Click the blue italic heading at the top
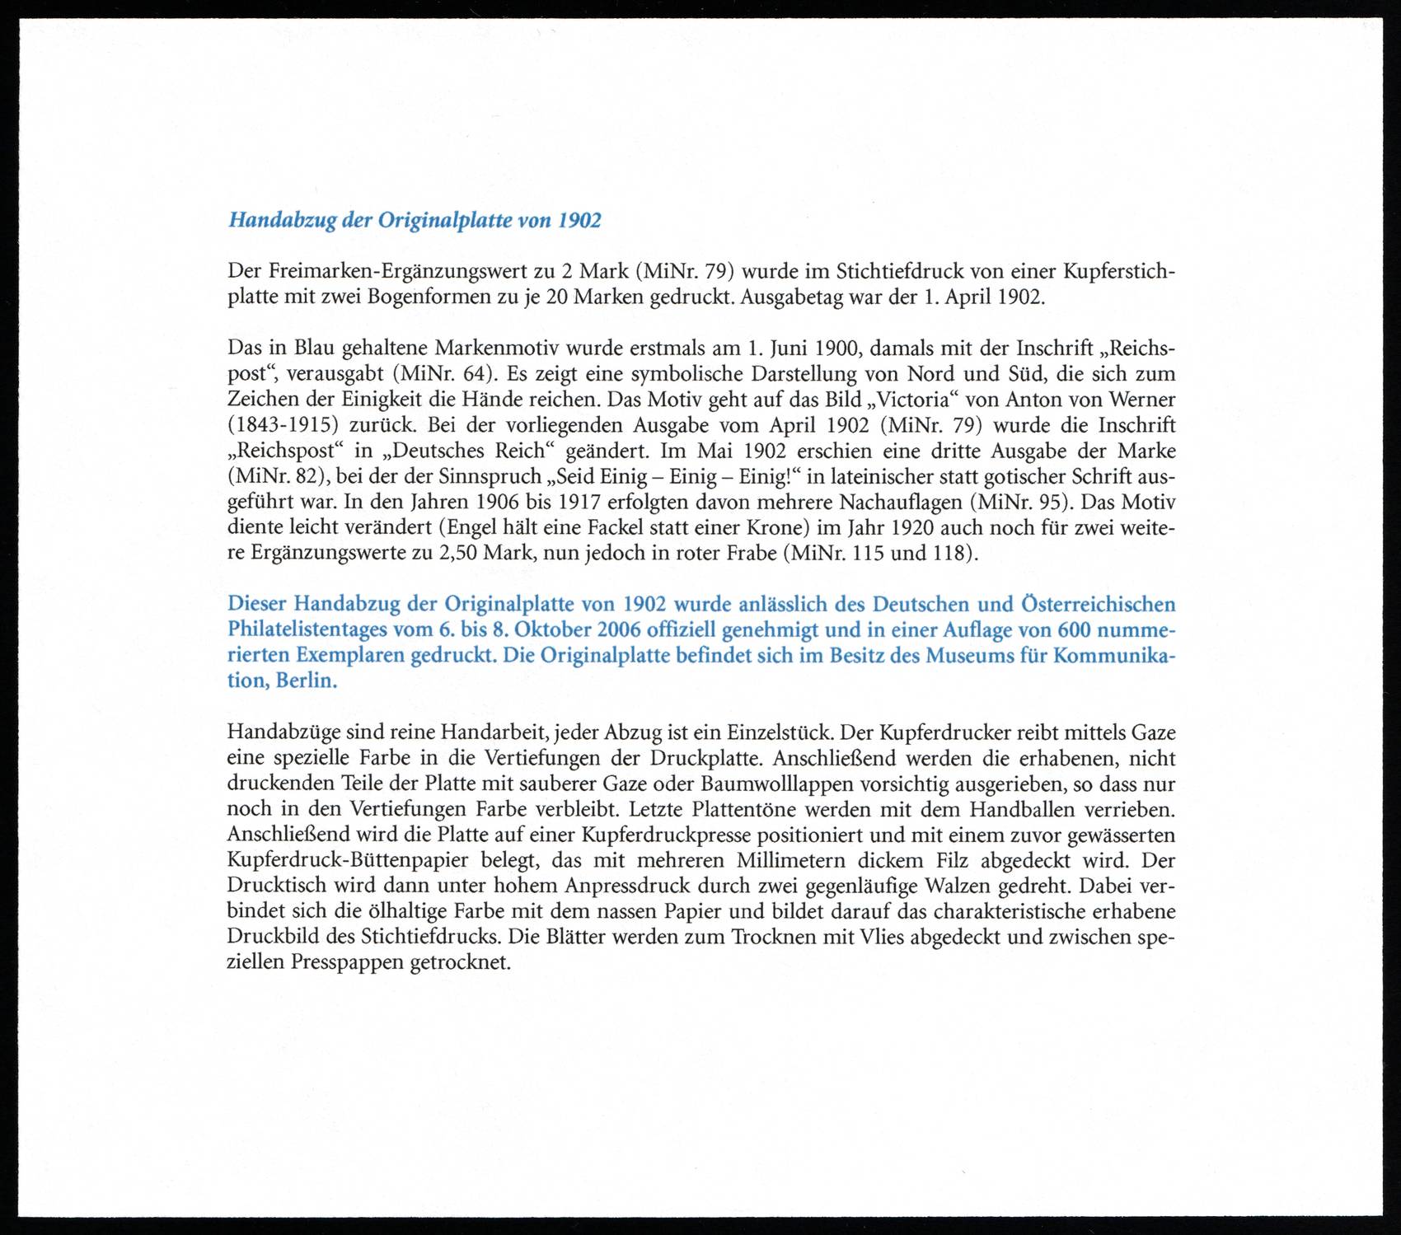pyautogui.click(x=415, y=221)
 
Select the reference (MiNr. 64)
pyautogui.click(x=446, y=373)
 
